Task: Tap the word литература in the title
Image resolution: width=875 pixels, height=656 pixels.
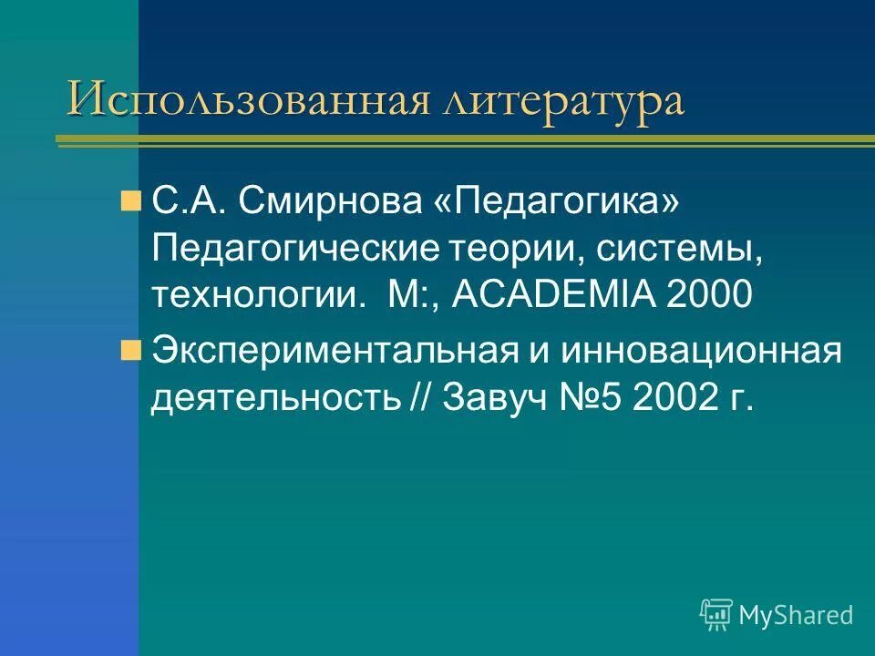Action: (x=562, y=100)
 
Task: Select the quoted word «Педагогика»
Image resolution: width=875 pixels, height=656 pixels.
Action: (x=558, y=201)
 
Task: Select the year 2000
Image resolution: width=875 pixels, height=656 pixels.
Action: (x=710, y=294)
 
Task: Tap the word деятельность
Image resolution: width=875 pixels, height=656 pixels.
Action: (x=274, y=398)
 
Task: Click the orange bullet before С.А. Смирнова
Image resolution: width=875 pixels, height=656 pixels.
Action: (x=130, y=200)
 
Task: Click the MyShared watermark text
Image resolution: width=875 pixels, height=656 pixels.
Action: (x=795, y=615)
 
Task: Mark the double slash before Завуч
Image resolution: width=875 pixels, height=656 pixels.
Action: (x=420, y=398)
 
